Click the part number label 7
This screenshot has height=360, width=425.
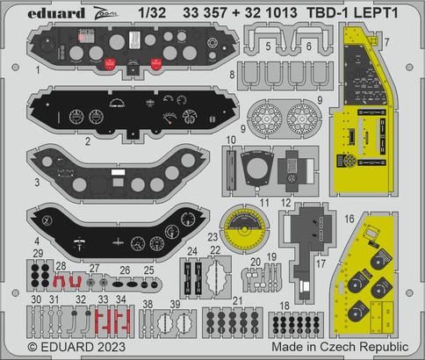point(411,42)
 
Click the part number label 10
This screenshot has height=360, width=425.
point(230,140)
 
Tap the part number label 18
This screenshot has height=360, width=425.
point(284,306)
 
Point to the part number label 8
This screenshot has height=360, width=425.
point(232,76)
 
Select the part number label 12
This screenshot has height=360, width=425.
point(285,202)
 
